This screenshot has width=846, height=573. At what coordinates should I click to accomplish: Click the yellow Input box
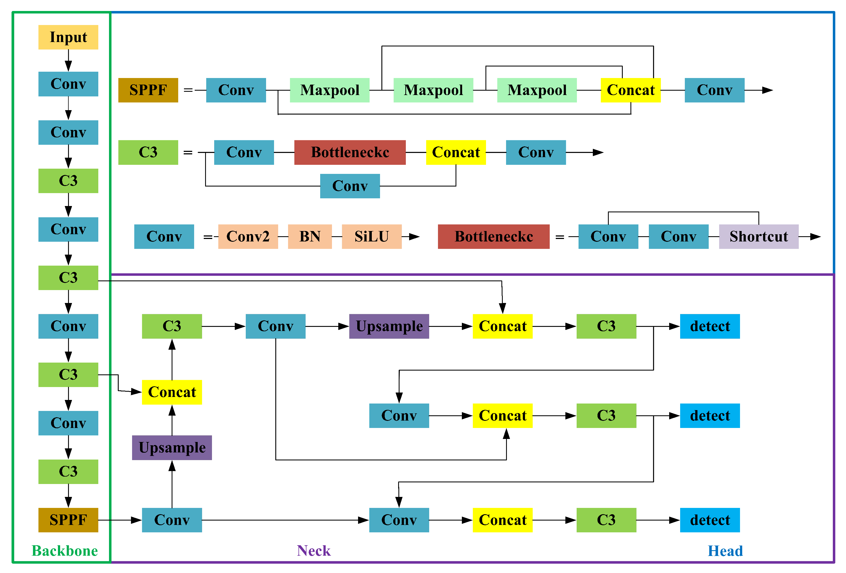[x=68, y=37]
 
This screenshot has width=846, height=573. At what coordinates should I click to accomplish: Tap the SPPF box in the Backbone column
[x=68, y=520]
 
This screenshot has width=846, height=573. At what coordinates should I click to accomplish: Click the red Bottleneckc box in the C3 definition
[x=350, y=152]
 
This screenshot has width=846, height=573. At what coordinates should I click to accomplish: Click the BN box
[x=309, y=237]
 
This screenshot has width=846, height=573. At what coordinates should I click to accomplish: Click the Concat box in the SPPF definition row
[x=630, y=90]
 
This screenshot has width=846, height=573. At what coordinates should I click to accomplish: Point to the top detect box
[x=710, y=326]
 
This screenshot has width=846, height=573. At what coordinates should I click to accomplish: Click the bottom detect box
[x=710, y=520]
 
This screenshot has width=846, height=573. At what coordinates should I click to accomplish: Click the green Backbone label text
[x=65, y=551]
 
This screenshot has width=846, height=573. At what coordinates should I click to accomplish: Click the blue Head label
[x=725, y=551]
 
